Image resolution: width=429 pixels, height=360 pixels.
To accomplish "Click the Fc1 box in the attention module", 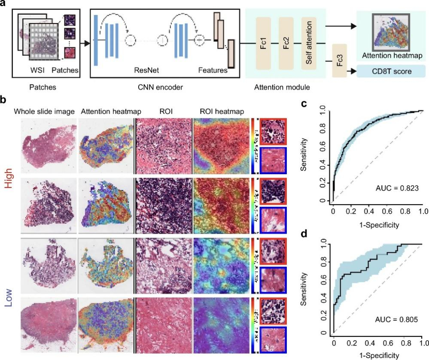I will coord(264,43).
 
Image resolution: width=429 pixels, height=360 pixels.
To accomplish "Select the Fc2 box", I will coord(286,43).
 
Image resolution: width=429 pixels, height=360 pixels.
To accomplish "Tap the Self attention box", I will coord(309,43).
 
